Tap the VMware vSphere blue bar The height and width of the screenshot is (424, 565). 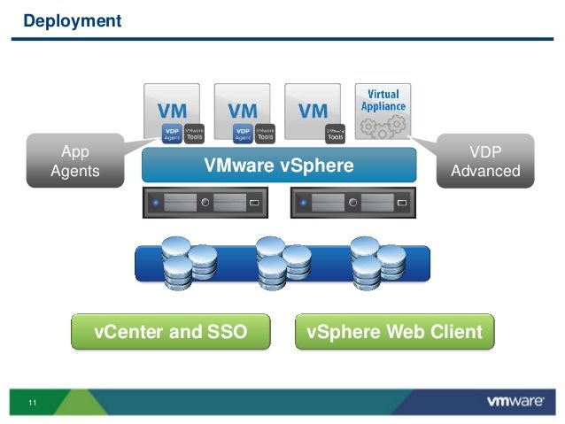click(278, 166)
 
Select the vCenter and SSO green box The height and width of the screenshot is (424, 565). click(170, 333)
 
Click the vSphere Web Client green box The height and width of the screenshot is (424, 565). click(394, 333)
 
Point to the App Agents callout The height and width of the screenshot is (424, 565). click(74, 161)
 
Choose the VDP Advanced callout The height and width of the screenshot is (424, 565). click(485, 161)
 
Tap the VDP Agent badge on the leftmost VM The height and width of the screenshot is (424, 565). click(171, 132)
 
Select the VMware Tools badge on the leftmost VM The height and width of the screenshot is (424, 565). click(193, 132)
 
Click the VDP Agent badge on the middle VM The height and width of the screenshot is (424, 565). click(242, 132)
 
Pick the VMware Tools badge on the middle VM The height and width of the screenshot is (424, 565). click(264, 132)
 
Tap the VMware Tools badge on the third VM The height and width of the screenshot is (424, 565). click(336, 132)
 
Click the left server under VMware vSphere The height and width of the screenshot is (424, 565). click(205, 204)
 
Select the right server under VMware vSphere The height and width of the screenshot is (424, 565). click(351, 204)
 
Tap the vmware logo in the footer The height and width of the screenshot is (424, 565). click(515, 402)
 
